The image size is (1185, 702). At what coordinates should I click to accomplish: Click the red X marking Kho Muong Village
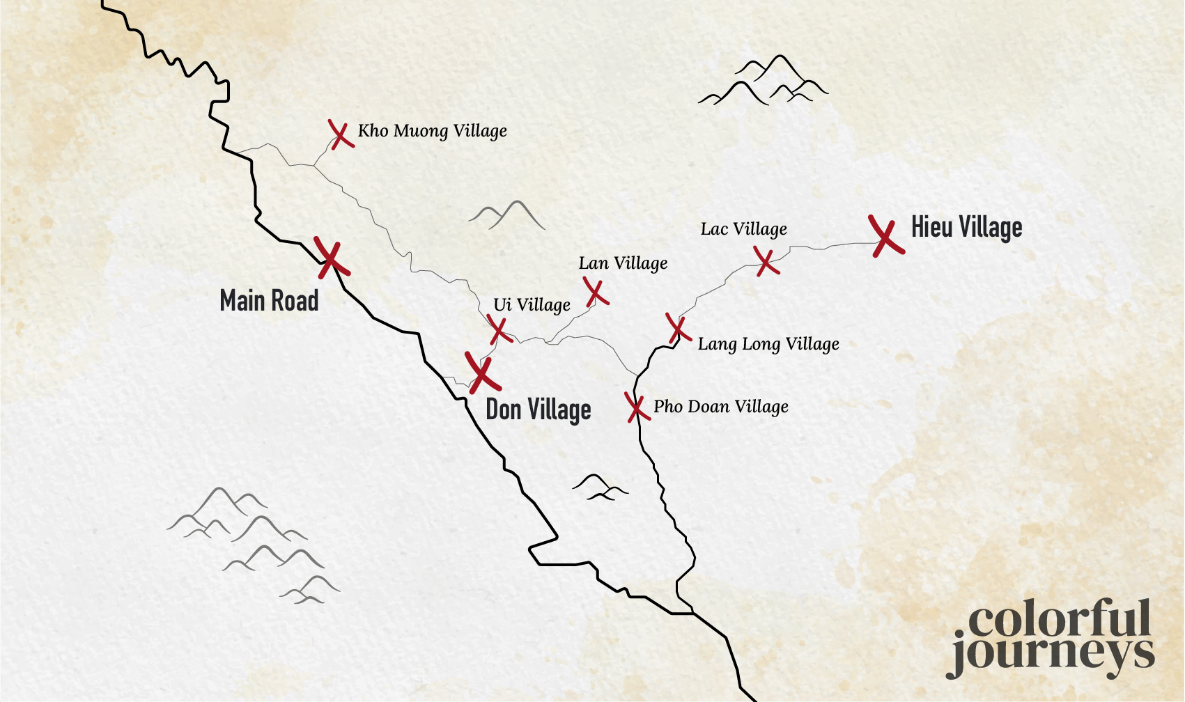pos(340,134)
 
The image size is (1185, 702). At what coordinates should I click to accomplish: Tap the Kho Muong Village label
pos(432,131)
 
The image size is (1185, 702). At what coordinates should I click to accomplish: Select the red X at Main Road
pos(331,259)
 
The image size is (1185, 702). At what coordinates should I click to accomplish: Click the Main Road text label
pos(269,301)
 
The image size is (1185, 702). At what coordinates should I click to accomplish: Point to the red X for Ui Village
pos(499,329)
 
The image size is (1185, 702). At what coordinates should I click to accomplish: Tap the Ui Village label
pos(532,305)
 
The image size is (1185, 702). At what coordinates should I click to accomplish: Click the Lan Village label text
pos(623,263)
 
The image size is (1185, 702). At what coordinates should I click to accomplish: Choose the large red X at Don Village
pos(482,373)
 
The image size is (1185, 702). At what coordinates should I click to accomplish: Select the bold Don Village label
pos(538,409)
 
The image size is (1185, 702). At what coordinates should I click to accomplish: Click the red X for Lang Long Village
pos(677,328)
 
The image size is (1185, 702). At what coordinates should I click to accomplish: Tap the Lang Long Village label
pos(768,344)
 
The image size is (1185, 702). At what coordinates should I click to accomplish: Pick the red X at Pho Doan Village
pos(635,407)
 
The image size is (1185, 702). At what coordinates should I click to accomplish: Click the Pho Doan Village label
pos(720,407)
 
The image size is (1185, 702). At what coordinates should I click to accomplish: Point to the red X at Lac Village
pos(766,261)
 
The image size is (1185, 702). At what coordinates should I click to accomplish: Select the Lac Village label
pos(743,229)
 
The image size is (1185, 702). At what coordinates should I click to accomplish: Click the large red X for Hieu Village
pos(885,237)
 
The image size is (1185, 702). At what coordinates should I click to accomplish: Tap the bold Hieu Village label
pos(966,228)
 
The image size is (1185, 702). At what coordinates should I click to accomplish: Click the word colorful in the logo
pos(1059,619)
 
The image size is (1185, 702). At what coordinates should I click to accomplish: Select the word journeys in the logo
pos(1052,655)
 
